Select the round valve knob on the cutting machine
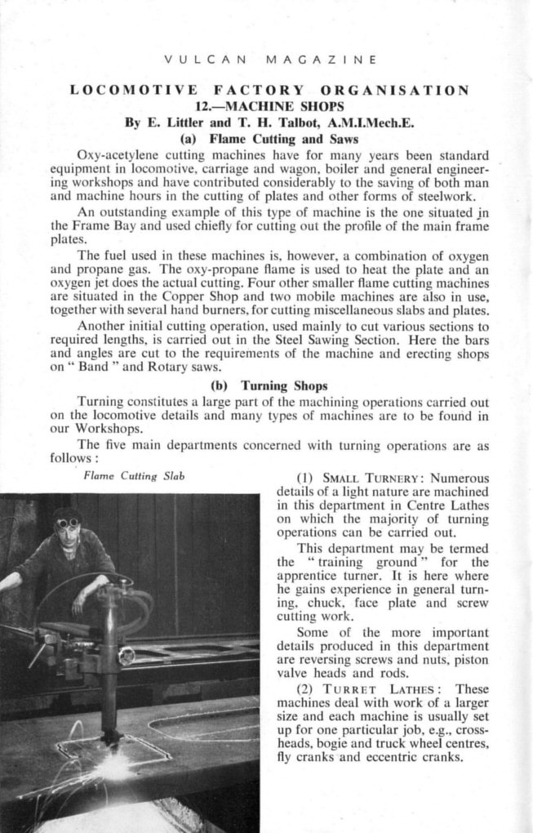coord(126,655)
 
